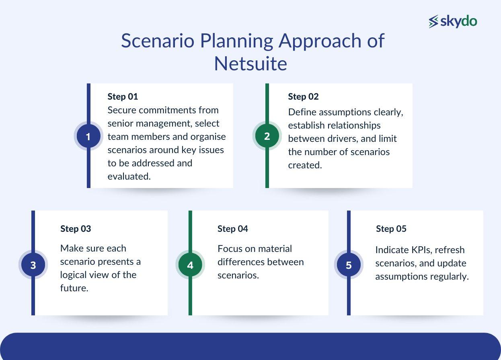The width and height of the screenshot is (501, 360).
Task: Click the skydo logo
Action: pos(453,21)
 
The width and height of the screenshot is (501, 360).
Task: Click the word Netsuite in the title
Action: pos(250,63)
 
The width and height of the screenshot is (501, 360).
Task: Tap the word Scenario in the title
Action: pos(157,41)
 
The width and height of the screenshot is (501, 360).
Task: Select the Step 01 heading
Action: pos(123,96)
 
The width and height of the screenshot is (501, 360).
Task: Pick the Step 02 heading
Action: pos(303,96)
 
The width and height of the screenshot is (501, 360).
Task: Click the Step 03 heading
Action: pos(76,229)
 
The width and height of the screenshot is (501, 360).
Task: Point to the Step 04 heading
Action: pos(233,229)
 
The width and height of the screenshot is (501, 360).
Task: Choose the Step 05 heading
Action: pos(391,229)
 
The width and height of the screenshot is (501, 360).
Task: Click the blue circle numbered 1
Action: pos(88,137)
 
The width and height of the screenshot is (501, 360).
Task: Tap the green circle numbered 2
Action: pos(267,136)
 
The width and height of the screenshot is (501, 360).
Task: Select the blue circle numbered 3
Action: pos(33,265)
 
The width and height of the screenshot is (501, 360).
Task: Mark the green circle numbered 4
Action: pos(190,265)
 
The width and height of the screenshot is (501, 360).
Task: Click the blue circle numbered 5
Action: pos(349,265)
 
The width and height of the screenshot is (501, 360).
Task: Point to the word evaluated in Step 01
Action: pos(129,176)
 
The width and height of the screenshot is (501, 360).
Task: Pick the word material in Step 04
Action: pos(275,249)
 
